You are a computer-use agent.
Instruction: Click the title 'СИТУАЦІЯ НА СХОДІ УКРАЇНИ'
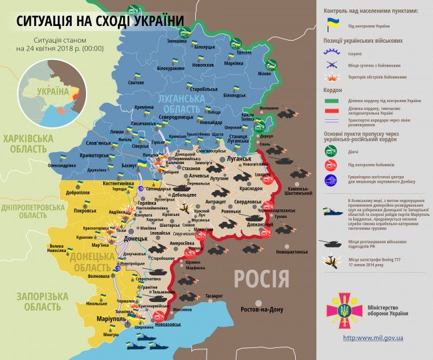coord(100,21)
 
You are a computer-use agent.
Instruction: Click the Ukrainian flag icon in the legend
coord(331,25)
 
